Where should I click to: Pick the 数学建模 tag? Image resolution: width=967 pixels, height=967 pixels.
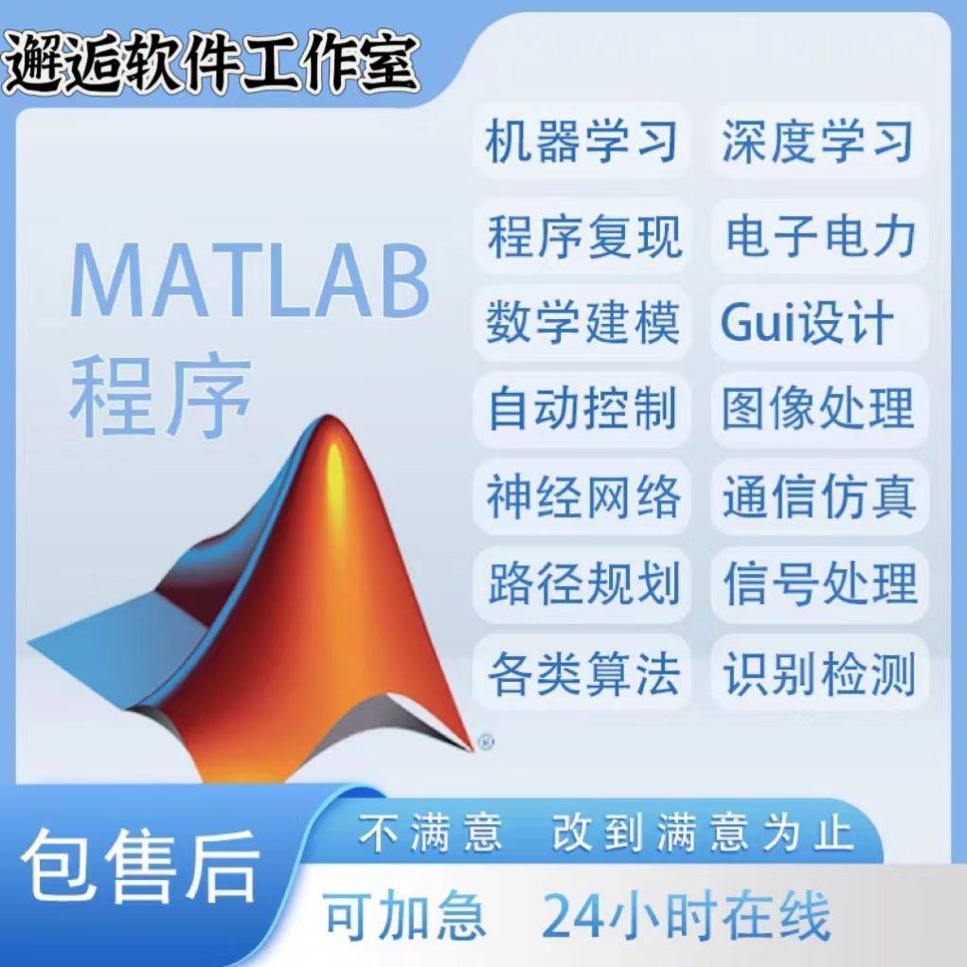[582, 323]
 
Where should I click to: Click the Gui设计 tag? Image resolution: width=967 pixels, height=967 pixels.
[807, 323]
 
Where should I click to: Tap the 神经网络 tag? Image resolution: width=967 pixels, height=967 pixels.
[582, 496]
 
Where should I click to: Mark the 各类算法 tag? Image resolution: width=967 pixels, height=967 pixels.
[582, 674]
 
